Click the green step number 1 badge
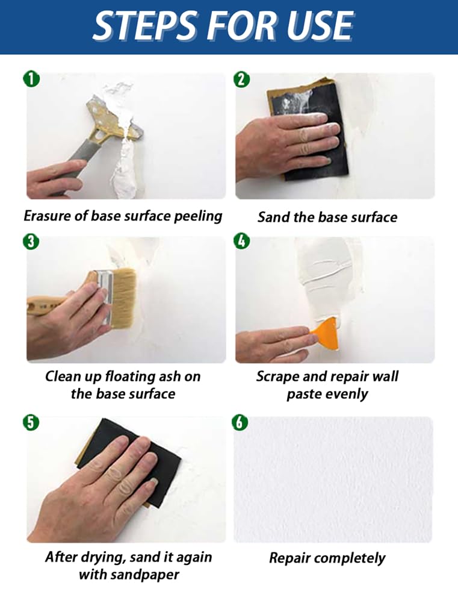pyautogui.click(x=31, y=79)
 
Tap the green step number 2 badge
pyautogui.click(x=241, y=79)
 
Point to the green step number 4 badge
pyautogui.click(x=241, y=241)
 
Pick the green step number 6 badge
pyautogui.click(x=240, y=422)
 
